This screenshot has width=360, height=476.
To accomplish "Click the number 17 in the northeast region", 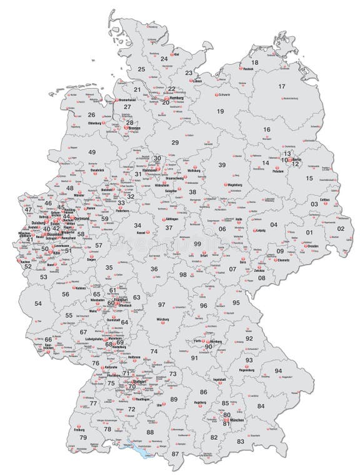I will (282, 86).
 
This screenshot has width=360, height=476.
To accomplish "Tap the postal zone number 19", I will (220, 111).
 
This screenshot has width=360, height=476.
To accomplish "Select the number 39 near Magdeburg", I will (222, 165).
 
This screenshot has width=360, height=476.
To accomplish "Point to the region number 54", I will (38, 303).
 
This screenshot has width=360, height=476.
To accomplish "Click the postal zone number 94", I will (278, 371).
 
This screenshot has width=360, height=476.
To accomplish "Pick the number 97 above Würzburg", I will (161, 304).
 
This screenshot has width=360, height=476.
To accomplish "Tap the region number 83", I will (241, 442).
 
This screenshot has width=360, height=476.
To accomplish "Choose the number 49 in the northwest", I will (92, 153).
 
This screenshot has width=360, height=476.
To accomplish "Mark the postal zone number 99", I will (197, 243).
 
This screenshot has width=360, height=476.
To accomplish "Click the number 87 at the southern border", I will (175, 453).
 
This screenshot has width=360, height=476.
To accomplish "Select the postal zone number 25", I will (141, 69).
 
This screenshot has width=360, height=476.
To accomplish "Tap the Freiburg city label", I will (79, 430).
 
